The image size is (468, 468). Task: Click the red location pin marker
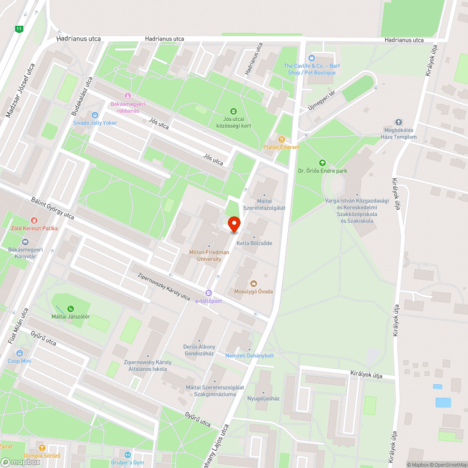(x=234, y=224)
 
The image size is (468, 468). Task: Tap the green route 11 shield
(x=19, y=29)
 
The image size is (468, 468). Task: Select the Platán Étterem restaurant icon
(x=281, y=139)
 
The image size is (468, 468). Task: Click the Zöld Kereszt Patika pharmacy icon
(x=34, y=220)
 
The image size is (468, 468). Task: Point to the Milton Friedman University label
(x=209, y=255)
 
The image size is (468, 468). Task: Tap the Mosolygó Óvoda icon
(x=254, y=284)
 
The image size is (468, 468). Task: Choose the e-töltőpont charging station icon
(x=209, y=293)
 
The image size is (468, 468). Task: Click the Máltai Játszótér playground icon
(x=71, y=309)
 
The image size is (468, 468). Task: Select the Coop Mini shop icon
(x=20, y=353)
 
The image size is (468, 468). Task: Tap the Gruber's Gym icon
(x=128, y=455)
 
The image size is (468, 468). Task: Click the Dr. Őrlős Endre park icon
(x=322, y=163)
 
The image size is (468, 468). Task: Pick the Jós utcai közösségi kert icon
(x=234, y=111)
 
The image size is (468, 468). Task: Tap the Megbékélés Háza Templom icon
(x=399, y=122)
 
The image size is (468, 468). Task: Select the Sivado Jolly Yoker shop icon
(x=95, y=115)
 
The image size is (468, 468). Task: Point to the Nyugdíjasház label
(x=263, y=399)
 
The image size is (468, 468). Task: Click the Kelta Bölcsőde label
(x=254, y=243)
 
